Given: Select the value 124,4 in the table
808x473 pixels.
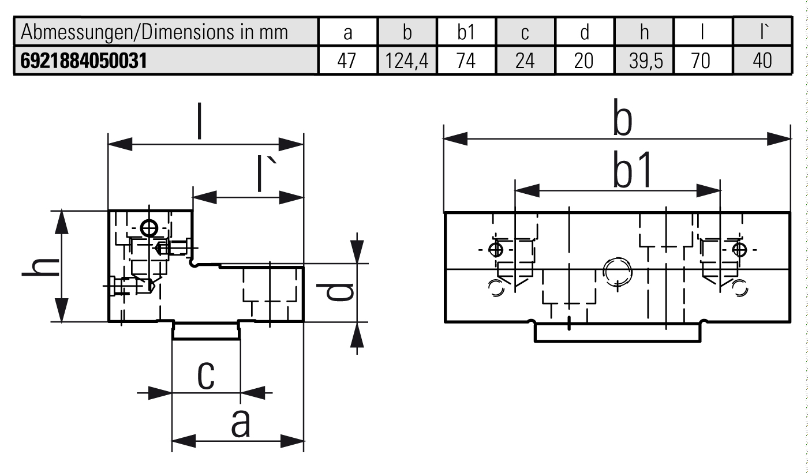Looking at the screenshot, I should click(x=407, y=61).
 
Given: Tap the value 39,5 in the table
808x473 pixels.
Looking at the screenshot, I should click(x=645, y=61).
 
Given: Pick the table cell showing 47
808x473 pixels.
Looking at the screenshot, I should click(x=348, y=61).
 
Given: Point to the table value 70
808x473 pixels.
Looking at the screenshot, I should click(x=703, y=61).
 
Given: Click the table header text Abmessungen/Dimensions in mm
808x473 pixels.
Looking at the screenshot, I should click(x=154, y=33).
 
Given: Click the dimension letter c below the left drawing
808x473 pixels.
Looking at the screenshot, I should click(x=206, y=376).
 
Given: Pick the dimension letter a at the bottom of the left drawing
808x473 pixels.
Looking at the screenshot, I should click(x=241, y=425).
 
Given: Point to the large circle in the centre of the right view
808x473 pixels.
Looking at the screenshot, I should click(x=616, y=270).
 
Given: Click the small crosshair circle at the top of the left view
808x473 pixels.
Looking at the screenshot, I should click(x=150, y=228).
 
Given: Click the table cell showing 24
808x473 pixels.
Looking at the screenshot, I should click(x=525, y=61).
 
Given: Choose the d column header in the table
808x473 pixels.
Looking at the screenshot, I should click(x=585, y=33).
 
